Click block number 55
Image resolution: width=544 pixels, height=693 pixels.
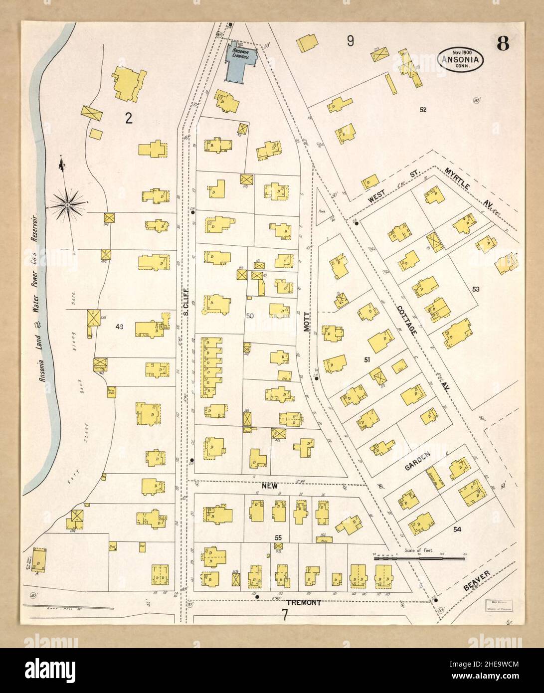278,537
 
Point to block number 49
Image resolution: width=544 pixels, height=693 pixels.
119,327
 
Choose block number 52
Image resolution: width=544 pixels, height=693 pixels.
423,109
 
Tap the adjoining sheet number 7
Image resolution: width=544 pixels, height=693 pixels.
284,615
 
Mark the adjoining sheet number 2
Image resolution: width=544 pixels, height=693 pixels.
129,118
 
